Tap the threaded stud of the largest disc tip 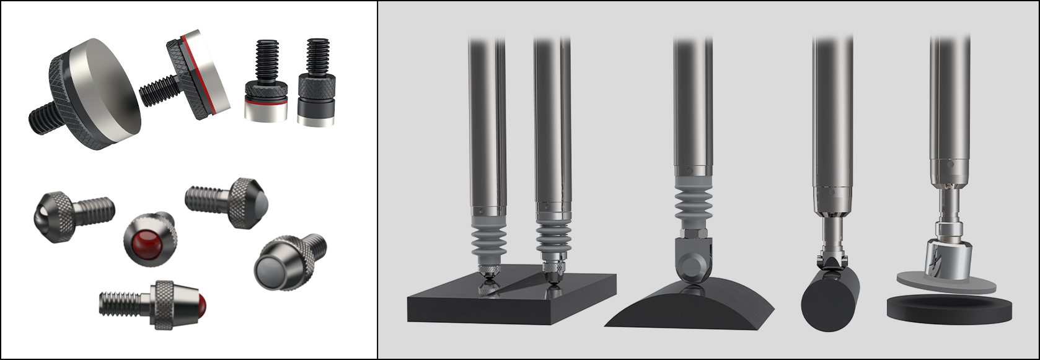[43, 118]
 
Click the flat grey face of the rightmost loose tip [270, 270]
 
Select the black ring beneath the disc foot [949, 308]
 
